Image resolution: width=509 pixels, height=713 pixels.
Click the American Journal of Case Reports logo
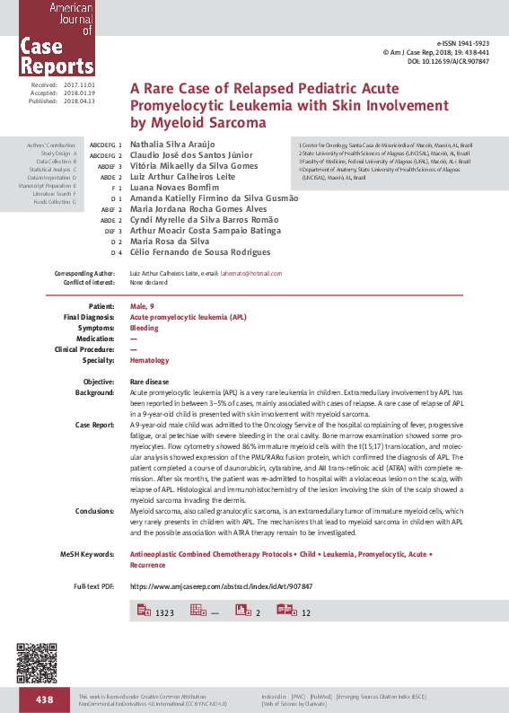48,38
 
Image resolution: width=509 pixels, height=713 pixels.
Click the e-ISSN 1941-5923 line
464,44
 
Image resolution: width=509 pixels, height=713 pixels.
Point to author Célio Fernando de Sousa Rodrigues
200,253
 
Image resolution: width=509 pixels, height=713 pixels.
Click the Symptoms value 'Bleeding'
145,328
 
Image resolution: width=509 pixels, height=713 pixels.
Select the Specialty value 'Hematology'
149,360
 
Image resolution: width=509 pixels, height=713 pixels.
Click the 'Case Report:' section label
94,424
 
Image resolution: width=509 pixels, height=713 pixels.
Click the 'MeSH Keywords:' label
88,556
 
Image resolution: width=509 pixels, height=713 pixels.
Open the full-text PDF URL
221,585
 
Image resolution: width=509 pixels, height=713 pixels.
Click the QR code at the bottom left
34,663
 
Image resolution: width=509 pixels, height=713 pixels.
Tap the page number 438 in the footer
45,700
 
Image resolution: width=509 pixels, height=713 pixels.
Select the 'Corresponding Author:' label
84,273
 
